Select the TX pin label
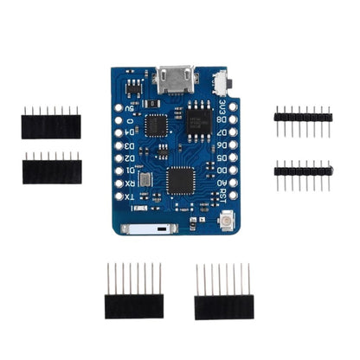130,197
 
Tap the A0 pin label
222,183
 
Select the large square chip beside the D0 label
180,180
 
